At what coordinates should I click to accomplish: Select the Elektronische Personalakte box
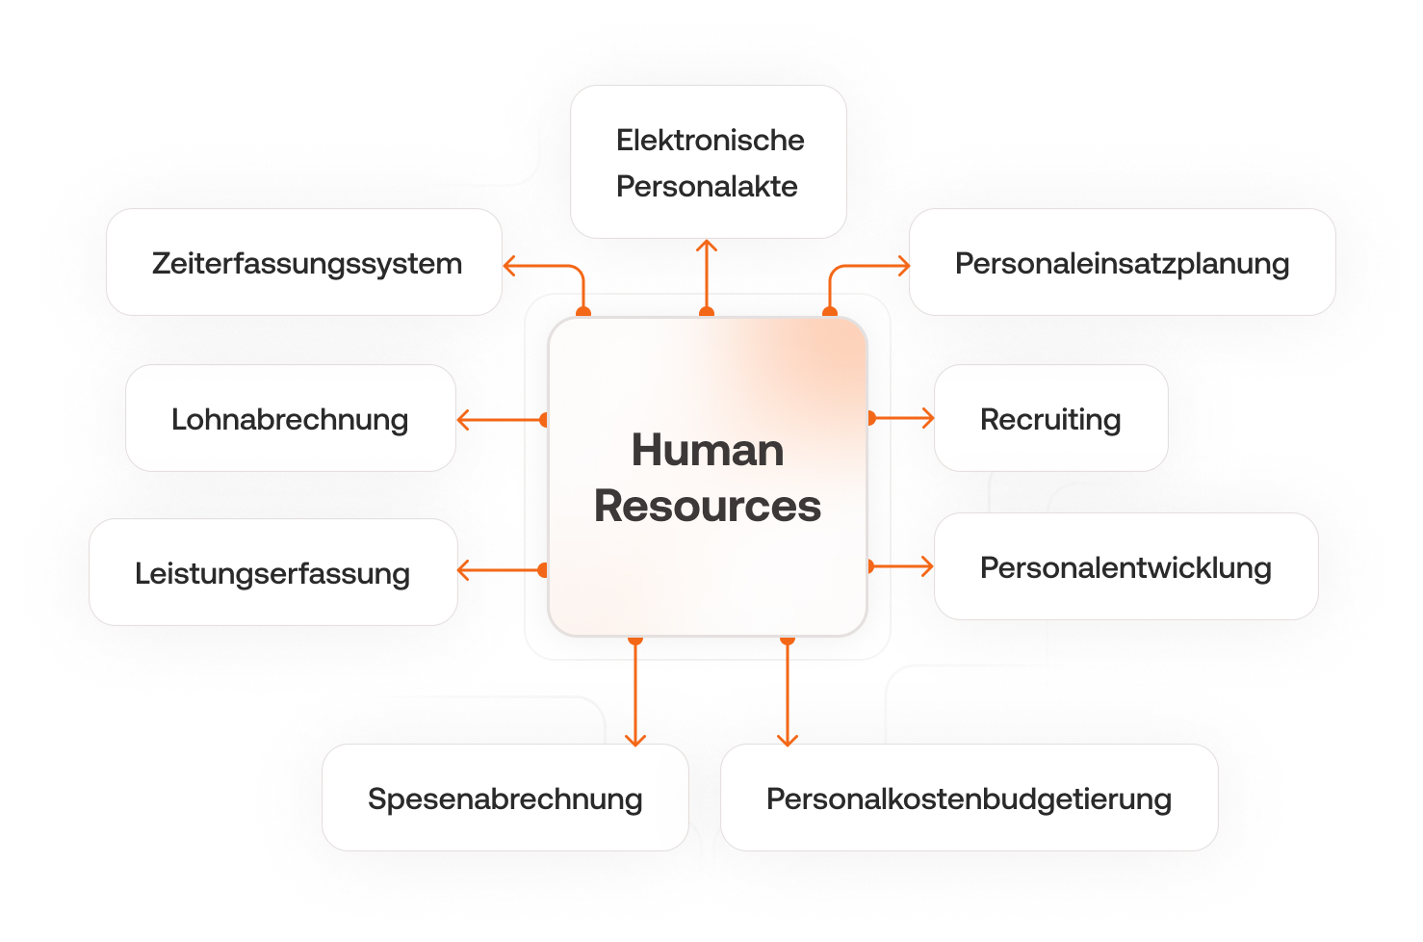tap(708, 162)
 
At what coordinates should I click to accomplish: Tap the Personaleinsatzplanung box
tap(1122, 262)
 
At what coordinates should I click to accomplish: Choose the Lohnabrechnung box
tap(290, 418)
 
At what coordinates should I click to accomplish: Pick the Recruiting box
tap(1050, 418)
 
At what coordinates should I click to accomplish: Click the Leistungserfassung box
tap(272, 572)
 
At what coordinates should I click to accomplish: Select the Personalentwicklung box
tap(1125, 566)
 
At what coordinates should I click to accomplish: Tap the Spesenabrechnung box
tap(505, 798)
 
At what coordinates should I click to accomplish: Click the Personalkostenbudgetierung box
tap(969, 798)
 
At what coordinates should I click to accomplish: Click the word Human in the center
tap(708, 450)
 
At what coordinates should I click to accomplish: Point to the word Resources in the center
tap(708, 506)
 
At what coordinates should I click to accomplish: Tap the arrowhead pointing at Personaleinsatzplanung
tap(904, 266)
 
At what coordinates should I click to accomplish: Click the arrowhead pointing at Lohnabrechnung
tap(462, 420)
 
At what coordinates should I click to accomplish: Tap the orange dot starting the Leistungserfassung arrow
tap(544, 570)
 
